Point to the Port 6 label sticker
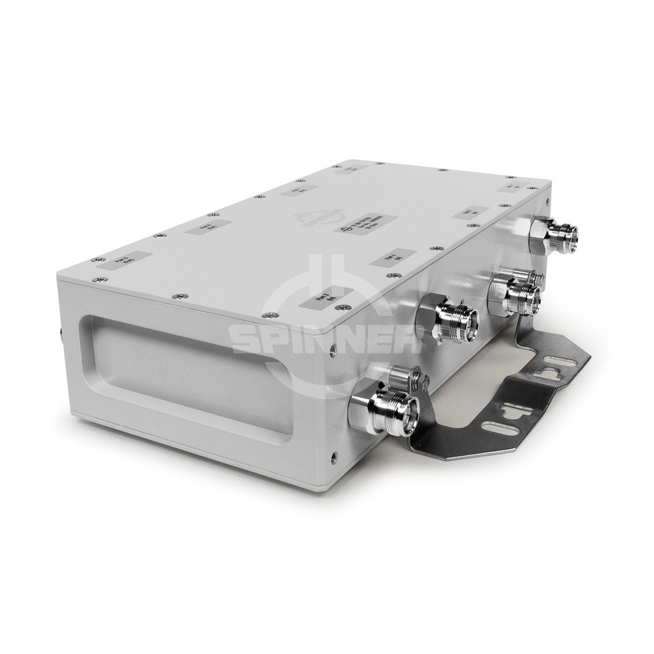coord(208,227)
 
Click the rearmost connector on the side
coord(559,236)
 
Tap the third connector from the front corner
coord(517,294)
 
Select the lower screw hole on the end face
coord(335,457)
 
